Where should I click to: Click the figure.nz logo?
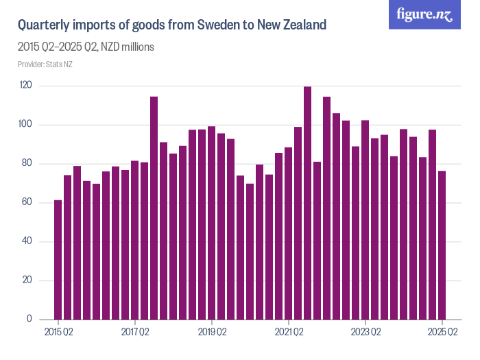coord(424,15)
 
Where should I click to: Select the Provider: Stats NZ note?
coord(45,64)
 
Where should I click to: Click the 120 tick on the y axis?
coord(26,86)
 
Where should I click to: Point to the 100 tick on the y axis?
coord(26,125)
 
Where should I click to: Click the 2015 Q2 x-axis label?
coord(58,333)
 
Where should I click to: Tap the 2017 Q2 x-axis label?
coord(135,333)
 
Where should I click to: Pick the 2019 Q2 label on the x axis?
coord(212,333)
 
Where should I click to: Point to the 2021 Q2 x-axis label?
coord(289,333)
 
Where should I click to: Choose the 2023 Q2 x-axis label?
coord(365,333)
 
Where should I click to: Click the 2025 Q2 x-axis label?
coord(442,333)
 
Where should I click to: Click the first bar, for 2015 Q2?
coord(58,260)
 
